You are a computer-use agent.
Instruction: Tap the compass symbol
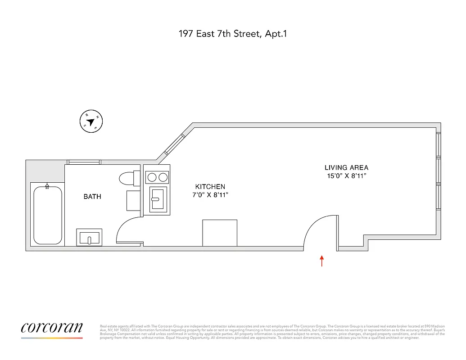91,121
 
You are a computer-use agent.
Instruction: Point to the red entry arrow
322,261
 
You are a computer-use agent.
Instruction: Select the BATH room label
92,197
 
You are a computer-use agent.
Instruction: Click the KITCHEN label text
210,187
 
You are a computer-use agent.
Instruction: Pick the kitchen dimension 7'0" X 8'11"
210,195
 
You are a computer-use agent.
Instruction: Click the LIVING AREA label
346,167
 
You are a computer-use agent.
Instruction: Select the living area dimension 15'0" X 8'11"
346,176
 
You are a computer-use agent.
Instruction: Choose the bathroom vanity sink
90,237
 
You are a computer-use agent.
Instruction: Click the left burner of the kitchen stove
151,177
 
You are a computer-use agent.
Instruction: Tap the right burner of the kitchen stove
163,177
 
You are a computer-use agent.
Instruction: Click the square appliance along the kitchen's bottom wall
220,233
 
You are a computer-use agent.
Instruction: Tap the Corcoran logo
52,328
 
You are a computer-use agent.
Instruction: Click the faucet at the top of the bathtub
47,186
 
